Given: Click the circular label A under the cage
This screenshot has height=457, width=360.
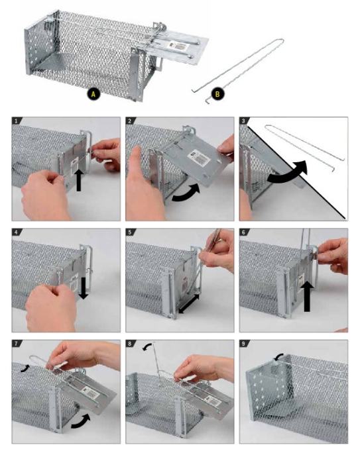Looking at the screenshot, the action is coord(93,94).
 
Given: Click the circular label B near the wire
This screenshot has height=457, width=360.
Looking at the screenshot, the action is coord(217,94).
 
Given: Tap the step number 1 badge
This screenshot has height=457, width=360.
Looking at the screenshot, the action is coord(17,121).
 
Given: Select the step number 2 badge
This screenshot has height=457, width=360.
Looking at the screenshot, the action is coord(130,121).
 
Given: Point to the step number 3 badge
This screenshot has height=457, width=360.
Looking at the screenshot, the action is coord(243,121).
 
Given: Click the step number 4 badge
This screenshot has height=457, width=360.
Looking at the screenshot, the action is coord(17,232).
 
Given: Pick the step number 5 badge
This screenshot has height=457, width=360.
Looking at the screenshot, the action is coord(130,232).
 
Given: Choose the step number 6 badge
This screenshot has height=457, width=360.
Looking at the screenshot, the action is coord(243,232).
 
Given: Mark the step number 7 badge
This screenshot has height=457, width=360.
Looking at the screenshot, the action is coord(17,344).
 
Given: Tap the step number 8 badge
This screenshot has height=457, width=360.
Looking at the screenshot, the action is coord(130,344).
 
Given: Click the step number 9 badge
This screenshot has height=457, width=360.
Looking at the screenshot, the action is coord(243,344).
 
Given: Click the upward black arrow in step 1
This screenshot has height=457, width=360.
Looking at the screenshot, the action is coord(78,181).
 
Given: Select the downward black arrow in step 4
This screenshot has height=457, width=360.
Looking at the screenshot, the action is coord(83,288).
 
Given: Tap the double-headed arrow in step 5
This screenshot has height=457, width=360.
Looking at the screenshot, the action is coord(189,304).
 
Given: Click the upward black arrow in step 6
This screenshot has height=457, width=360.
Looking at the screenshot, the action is coord(306,297).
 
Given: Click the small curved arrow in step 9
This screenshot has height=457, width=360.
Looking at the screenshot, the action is coord(279,356).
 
